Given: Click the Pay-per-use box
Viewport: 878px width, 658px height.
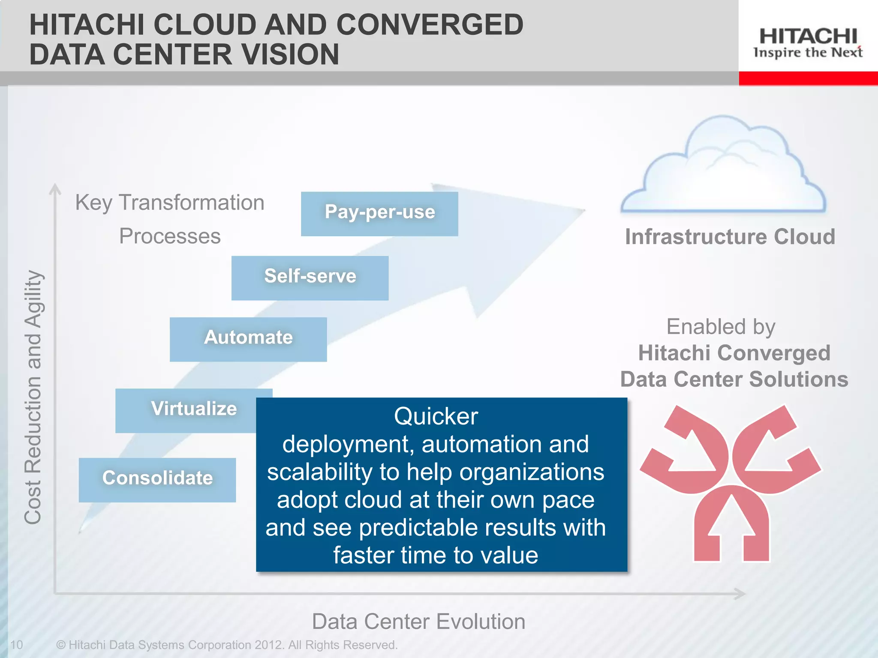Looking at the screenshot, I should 379,213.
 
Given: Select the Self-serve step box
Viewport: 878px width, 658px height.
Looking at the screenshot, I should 310,278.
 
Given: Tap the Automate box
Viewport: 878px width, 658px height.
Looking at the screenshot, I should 248,339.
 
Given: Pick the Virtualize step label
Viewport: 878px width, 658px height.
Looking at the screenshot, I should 194,409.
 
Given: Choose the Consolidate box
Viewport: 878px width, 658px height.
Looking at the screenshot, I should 157,479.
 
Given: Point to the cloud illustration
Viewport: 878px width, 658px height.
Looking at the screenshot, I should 723,167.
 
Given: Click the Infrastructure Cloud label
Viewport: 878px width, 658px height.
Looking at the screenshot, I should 730,237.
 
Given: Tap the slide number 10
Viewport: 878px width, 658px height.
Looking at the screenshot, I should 16,645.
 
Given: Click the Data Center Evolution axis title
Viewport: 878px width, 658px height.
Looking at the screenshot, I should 418,622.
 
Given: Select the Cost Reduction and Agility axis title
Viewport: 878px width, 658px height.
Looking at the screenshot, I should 33,397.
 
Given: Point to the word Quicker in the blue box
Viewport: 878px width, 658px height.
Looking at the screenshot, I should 436,416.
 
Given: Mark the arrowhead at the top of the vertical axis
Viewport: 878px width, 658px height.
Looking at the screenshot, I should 55,189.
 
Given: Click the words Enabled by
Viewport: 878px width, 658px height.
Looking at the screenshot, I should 721,327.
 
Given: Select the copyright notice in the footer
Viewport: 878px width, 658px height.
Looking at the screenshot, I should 227,645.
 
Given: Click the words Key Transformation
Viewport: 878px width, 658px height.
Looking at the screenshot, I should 170,203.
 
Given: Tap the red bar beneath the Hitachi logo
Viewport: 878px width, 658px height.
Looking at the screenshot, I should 808,78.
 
